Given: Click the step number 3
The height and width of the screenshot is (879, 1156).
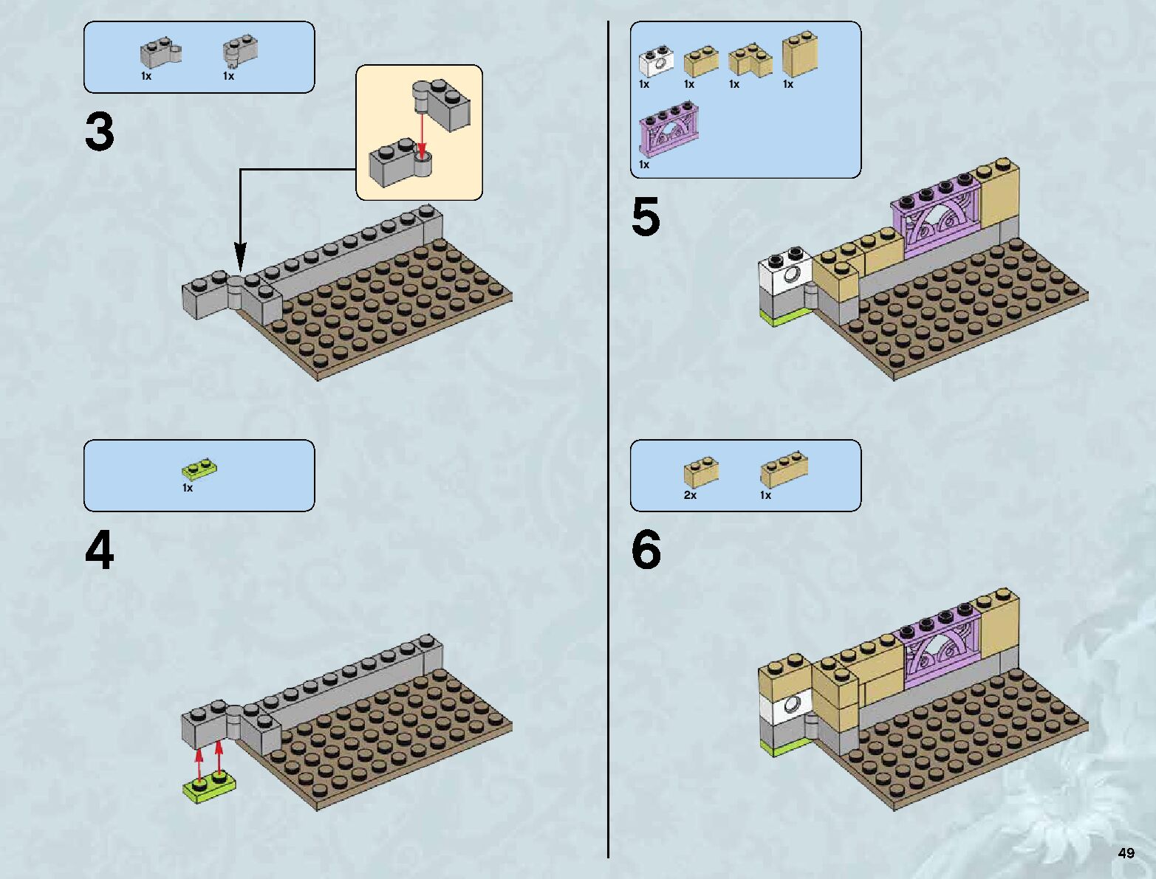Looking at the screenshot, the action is [100, 132].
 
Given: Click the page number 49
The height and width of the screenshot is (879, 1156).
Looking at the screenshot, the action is [1126, 853].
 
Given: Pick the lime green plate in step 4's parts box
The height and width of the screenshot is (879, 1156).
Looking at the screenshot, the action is [199, 469].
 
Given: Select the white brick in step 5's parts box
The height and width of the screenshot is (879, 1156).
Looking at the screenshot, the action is [655, 63].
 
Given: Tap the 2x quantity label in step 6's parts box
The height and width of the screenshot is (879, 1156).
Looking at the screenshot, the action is [690, 495].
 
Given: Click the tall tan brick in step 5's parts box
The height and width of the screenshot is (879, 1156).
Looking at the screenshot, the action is [799, 53].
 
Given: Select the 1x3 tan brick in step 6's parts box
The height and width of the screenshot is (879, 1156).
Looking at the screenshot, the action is [783, 469].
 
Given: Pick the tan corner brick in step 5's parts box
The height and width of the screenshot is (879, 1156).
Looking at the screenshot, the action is [749, 61].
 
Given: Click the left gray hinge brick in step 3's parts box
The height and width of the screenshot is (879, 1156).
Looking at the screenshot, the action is [160, 53].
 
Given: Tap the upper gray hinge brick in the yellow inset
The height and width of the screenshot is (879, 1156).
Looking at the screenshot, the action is [441, 103].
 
